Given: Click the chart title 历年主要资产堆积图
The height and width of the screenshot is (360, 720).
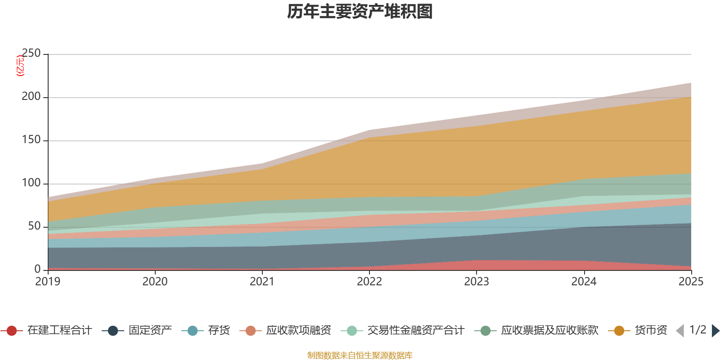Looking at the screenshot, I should (x=360, y=12).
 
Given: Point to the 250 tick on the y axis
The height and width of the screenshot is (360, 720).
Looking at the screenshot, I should (x=31, y=54).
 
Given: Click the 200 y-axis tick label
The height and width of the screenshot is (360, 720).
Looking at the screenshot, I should (x=31, y=97).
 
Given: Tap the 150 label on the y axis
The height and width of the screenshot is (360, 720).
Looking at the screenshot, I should (x=31, y=140).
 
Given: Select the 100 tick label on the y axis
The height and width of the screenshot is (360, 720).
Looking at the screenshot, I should (x=31, y=183).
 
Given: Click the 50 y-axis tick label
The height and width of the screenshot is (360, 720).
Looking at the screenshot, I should (x=34, y=226).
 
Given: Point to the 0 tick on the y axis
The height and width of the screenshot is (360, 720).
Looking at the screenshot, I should (x=37, y=269).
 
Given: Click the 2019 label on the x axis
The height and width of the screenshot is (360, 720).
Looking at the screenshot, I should (x=48, y=282).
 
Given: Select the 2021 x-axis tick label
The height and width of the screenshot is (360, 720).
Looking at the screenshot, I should (x=262, y=282).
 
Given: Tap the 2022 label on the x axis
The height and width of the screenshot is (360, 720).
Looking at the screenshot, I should (x=369, y=282).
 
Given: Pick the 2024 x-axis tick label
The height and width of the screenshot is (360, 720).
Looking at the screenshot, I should (x=584, y=282).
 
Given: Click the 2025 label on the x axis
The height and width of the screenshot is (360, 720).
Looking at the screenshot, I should (x=691, y=282).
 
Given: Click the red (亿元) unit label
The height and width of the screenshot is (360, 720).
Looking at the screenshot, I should (x=20, y=66).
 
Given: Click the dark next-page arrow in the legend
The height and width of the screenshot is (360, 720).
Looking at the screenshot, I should (x=715, y=331).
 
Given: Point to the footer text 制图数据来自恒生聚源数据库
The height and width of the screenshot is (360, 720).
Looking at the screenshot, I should (x=360, y=355).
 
